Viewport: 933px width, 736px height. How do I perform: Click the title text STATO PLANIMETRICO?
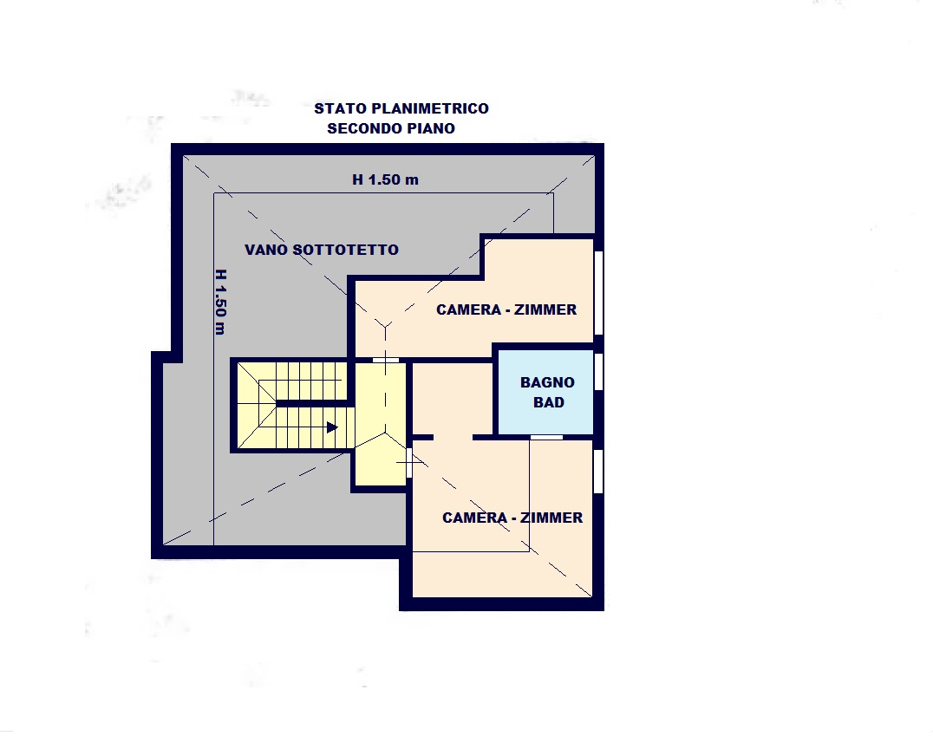coord(401,108)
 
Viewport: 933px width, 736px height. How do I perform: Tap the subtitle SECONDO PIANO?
coord(391,128)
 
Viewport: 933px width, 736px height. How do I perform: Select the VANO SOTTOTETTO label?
coord(322,250)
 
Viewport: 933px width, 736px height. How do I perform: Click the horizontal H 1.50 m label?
coord(386,179)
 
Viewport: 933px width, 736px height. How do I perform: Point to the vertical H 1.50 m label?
coord(220,303)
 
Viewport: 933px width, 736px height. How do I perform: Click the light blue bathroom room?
coord(545,392)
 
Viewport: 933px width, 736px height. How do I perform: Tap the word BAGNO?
coord(547,382)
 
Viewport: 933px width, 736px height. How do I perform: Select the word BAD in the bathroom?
coord(549,402)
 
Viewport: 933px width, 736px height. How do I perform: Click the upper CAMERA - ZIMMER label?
coord(506,309)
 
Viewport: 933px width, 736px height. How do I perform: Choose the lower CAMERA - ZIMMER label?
coord(512,518)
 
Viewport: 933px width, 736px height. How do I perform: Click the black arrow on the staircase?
coord(332,427)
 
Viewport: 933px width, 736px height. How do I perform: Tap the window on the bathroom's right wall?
coord(598,372)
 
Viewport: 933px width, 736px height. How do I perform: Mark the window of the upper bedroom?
coord(598,293)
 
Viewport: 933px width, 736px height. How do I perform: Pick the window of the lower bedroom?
coord(598,472)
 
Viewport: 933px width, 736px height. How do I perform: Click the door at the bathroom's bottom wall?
coord(546,437)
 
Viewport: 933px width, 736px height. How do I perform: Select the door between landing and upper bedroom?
coord(386,360)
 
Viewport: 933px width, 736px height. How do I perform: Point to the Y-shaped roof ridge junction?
coord(386,325)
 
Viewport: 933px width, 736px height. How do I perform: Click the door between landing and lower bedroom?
coord(409,463)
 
